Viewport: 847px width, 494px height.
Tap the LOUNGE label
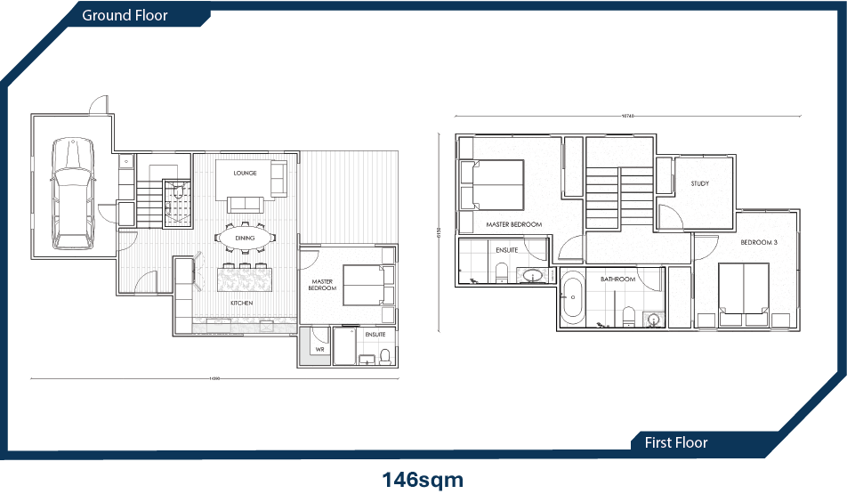tap(245, 173)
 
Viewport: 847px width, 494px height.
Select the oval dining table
tap(245, 238)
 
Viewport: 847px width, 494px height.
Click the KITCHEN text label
tap(241, 304)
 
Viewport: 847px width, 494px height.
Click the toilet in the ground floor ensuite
tap(385, 356)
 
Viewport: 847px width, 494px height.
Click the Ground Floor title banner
tap(125, 15)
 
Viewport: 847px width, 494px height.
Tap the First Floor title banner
tap(676, 442)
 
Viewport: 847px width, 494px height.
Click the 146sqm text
tap(423, 480)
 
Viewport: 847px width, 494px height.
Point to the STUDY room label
tap(700, 184)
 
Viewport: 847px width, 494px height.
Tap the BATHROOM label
tap(617, 279)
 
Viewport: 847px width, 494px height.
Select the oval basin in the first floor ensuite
tap(532, 275)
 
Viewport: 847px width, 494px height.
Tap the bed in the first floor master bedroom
tap(494, 183)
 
